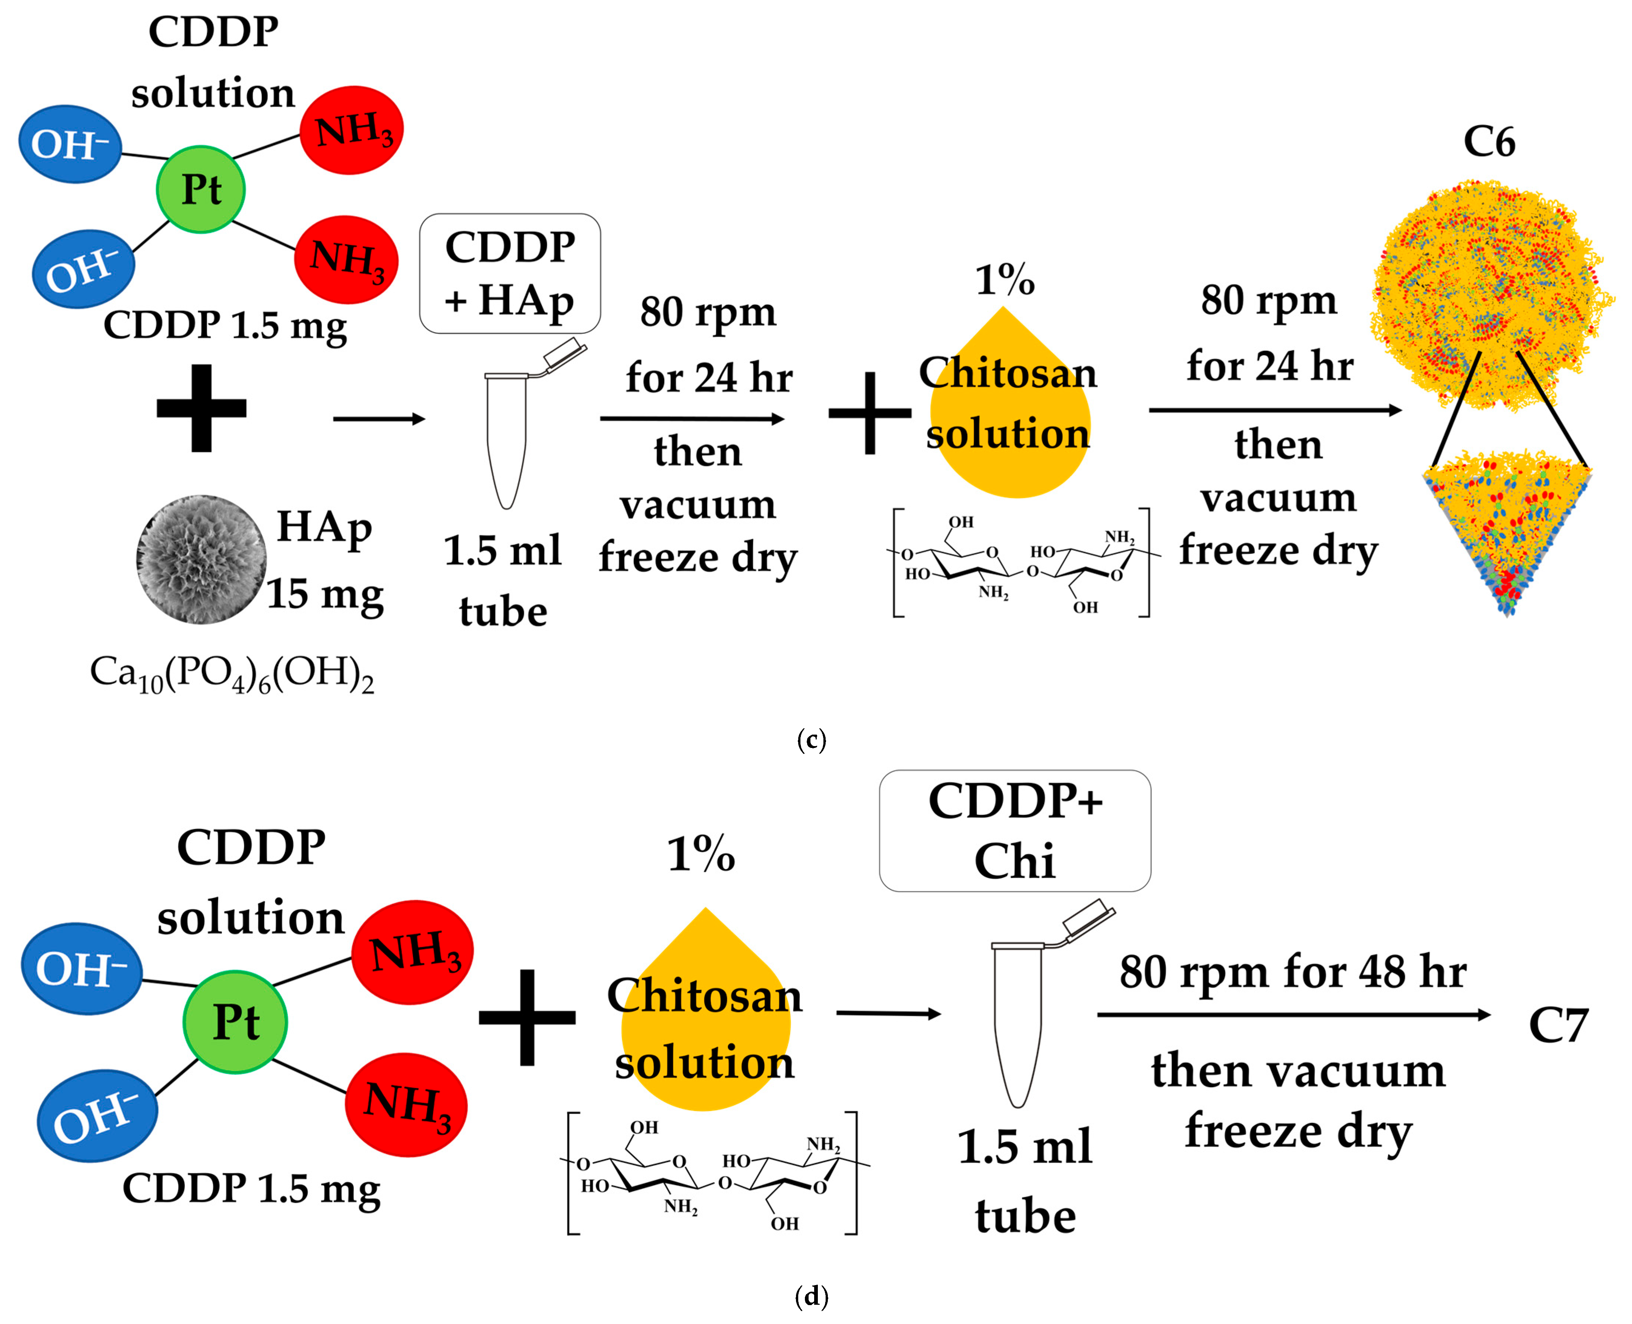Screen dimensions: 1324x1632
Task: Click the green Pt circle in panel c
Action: [200, 189]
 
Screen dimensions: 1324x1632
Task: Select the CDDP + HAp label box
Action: [509, 273]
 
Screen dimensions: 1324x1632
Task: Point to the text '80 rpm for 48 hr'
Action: [1293, 972]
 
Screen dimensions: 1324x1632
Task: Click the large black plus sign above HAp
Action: [201, 408]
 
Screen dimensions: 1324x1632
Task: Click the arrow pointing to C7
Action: [1293, 1014]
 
